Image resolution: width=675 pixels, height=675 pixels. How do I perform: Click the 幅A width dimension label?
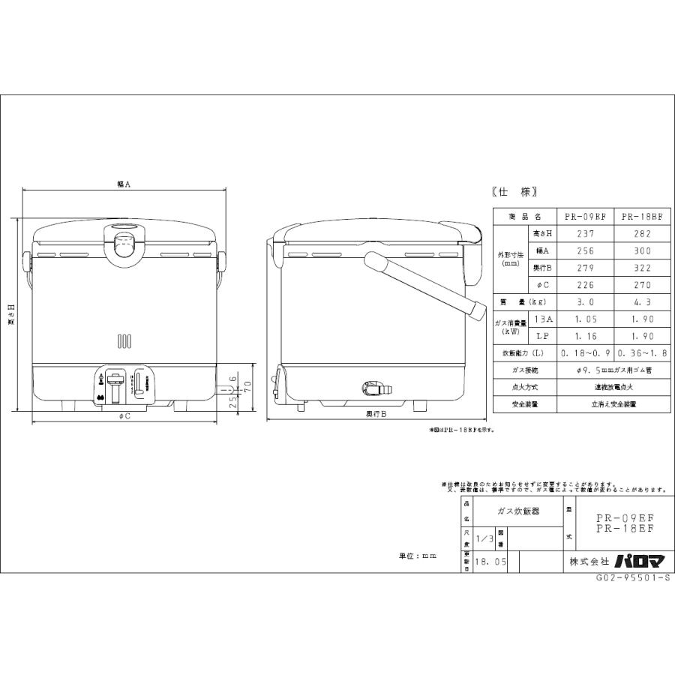click(x=124, y=183)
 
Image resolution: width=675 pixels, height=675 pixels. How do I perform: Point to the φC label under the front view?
click(x=124, y=416)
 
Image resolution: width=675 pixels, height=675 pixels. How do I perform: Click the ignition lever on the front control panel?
click(x=115, y=388)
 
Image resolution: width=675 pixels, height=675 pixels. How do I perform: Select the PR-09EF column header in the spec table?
click(x=585, y=216)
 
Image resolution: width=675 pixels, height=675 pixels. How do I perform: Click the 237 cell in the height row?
click(x=585, y=233)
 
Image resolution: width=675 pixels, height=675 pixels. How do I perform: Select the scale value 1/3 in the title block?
click(x=484, y=538)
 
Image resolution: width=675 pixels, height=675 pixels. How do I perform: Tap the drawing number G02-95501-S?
click(x=634, y=578)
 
